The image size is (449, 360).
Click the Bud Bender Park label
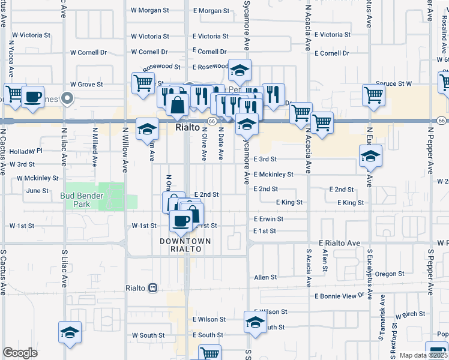pos(82,200)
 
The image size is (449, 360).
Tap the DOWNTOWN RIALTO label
pos(185,245)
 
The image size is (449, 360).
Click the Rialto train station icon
pos(153,288)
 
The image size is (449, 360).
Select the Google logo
pos(20,353)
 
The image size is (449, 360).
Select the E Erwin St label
pos(268,220)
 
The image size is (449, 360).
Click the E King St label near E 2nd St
pos(289,203)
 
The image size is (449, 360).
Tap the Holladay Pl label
pos(26,151)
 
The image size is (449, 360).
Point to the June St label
pos(37,191)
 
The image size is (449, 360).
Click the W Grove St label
pos(87,85)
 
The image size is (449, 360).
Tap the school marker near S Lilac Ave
pos(70,332)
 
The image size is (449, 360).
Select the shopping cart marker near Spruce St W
pos(373,94)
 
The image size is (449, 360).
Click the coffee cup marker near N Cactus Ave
pos(33,97)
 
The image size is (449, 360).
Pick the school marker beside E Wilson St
pos(255,322)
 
